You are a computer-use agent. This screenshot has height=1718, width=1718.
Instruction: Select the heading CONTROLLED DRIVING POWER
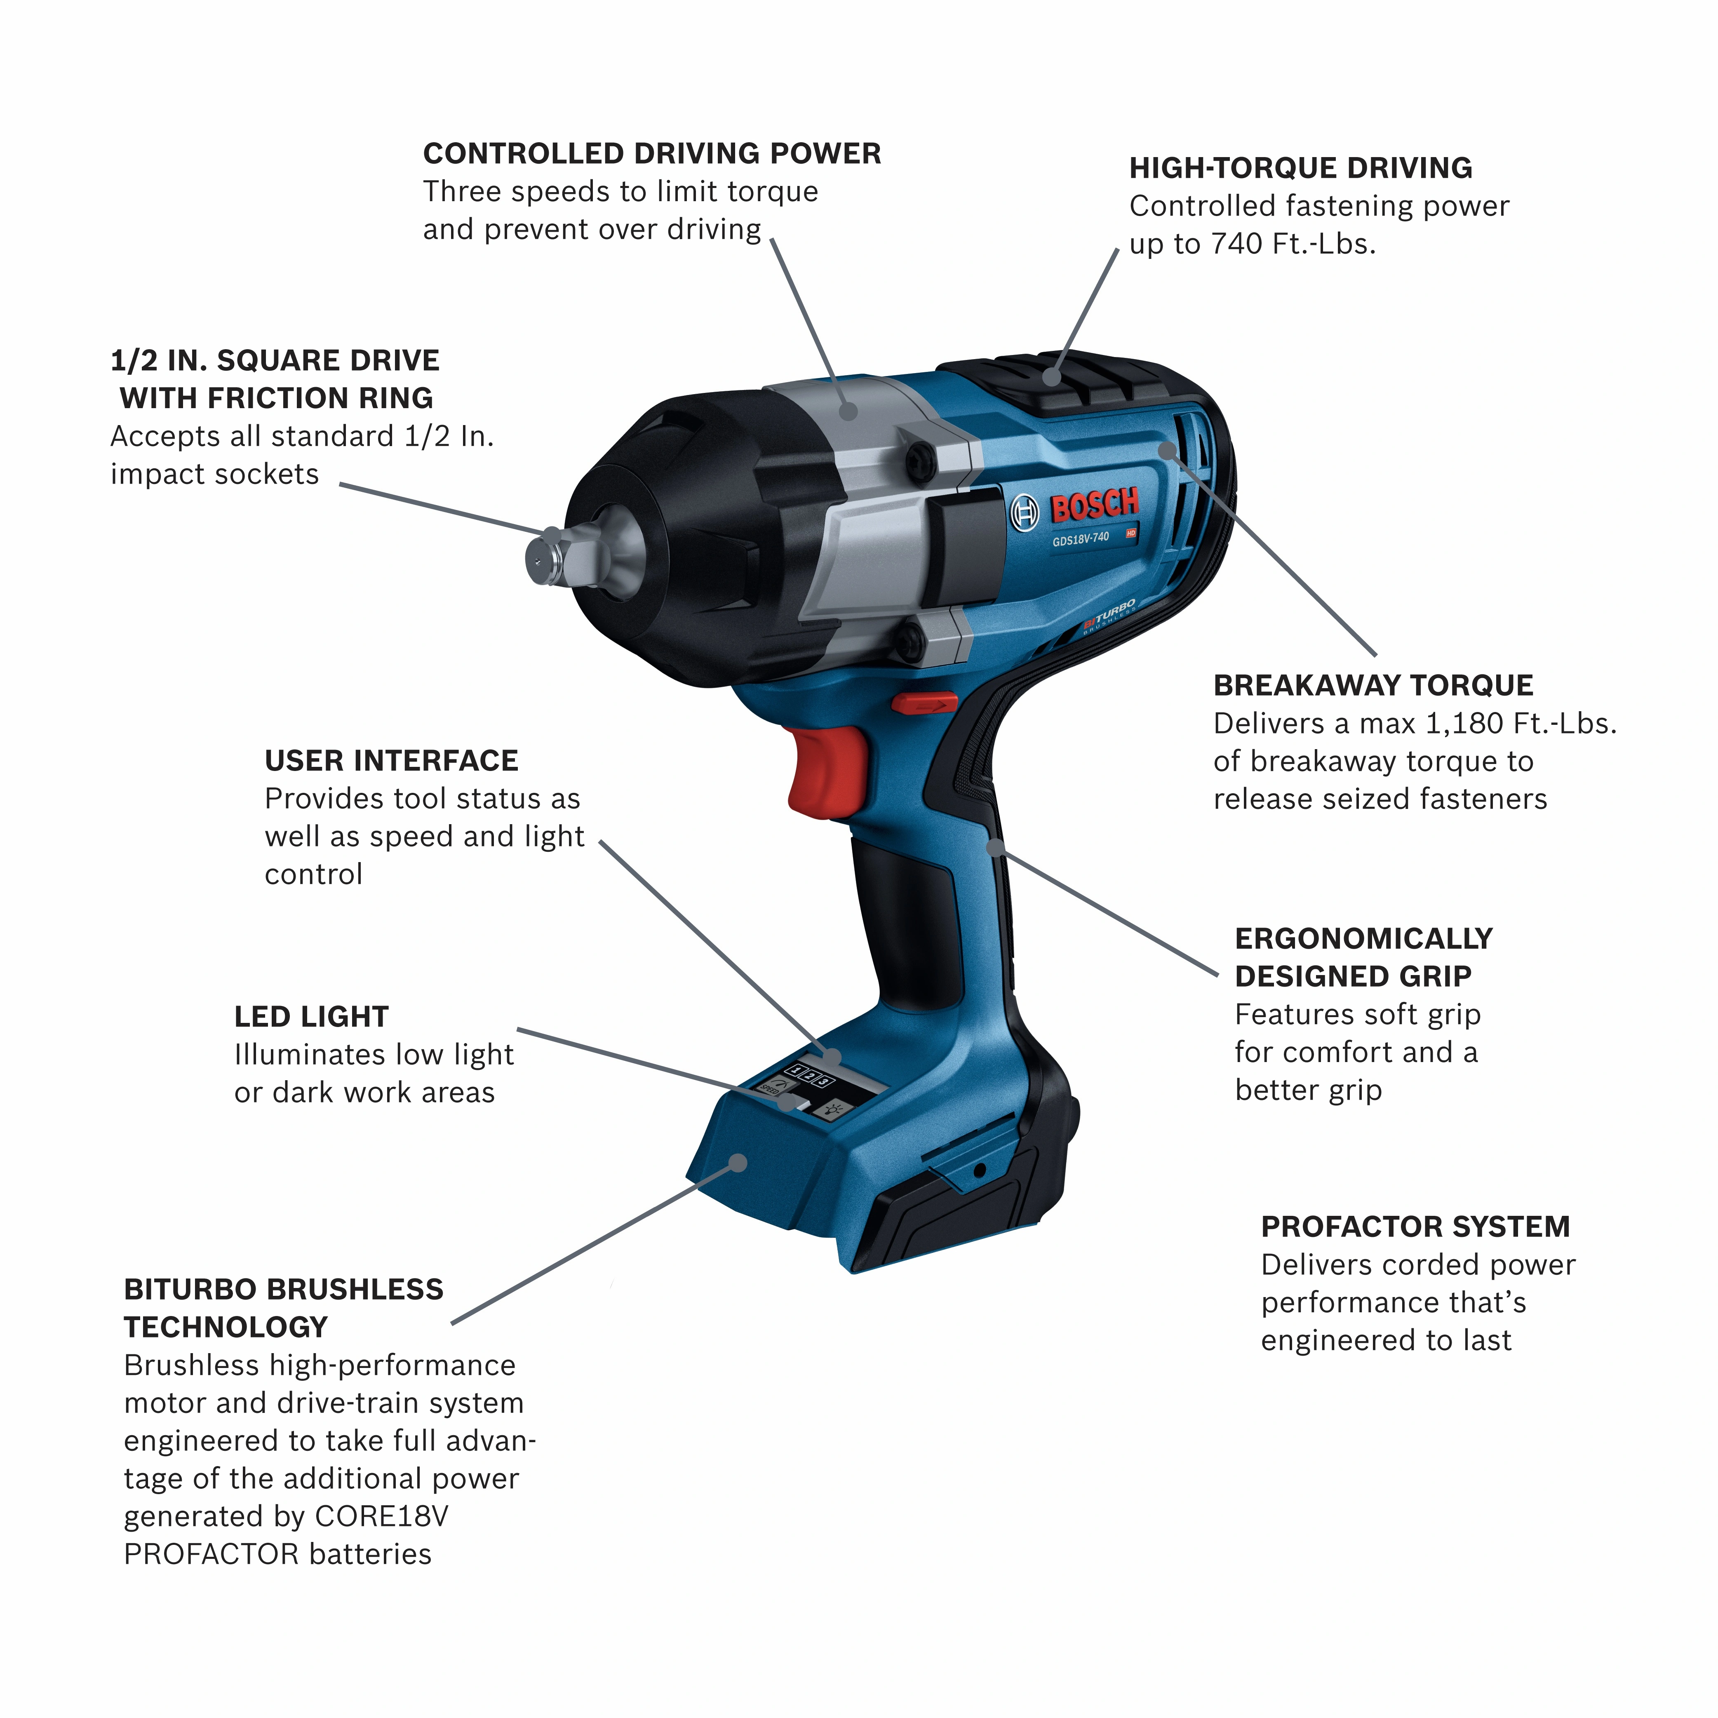[652, 154]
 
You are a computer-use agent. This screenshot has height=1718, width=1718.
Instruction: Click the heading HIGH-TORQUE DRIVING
[1300, 168]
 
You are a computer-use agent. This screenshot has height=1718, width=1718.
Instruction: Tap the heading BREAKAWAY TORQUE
[1373, 686]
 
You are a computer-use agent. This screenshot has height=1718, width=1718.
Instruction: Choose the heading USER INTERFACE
[391, 761]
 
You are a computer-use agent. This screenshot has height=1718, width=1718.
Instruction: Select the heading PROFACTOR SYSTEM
[1415, 1227]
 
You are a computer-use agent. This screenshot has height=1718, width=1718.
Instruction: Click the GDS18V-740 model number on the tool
[1081, 539]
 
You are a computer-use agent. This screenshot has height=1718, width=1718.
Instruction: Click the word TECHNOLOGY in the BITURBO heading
[226, 1328]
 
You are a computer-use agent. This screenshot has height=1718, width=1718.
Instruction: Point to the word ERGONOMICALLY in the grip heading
[1363, 939]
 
